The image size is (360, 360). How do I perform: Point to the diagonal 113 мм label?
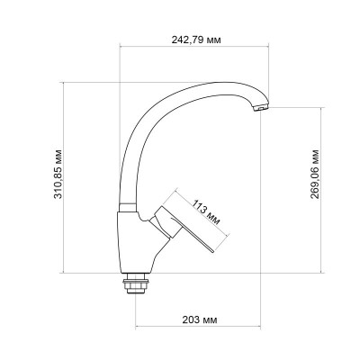point(206,208)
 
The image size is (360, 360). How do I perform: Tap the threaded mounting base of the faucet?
point(137,284)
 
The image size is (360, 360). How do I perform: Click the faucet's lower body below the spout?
point(135,238)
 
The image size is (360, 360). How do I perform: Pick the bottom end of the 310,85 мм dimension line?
point(69,271)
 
